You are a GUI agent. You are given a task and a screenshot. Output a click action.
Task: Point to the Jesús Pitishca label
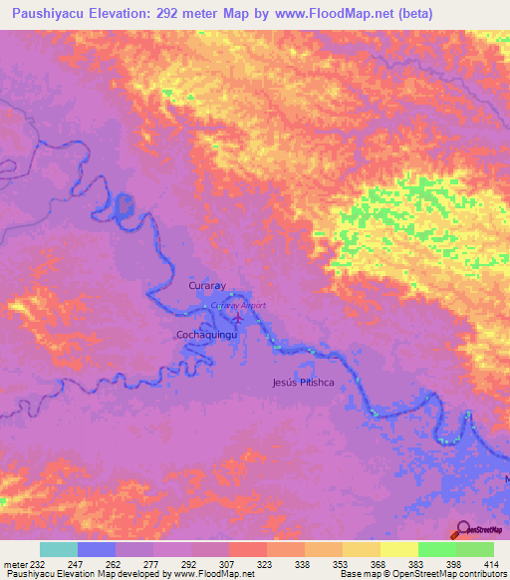coord(302,382)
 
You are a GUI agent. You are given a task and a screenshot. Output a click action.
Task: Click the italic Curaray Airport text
coord(239,305)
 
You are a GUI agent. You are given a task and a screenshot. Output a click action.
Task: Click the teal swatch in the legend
coord(59,549)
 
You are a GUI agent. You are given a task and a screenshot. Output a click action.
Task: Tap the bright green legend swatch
coord(436,549)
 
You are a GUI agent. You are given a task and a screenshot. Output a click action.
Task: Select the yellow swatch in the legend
coord(398,549)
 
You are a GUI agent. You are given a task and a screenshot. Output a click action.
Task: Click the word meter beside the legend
coord(14,564)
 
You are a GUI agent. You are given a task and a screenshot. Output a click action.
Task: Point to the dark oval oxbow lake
coord(125,206)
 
